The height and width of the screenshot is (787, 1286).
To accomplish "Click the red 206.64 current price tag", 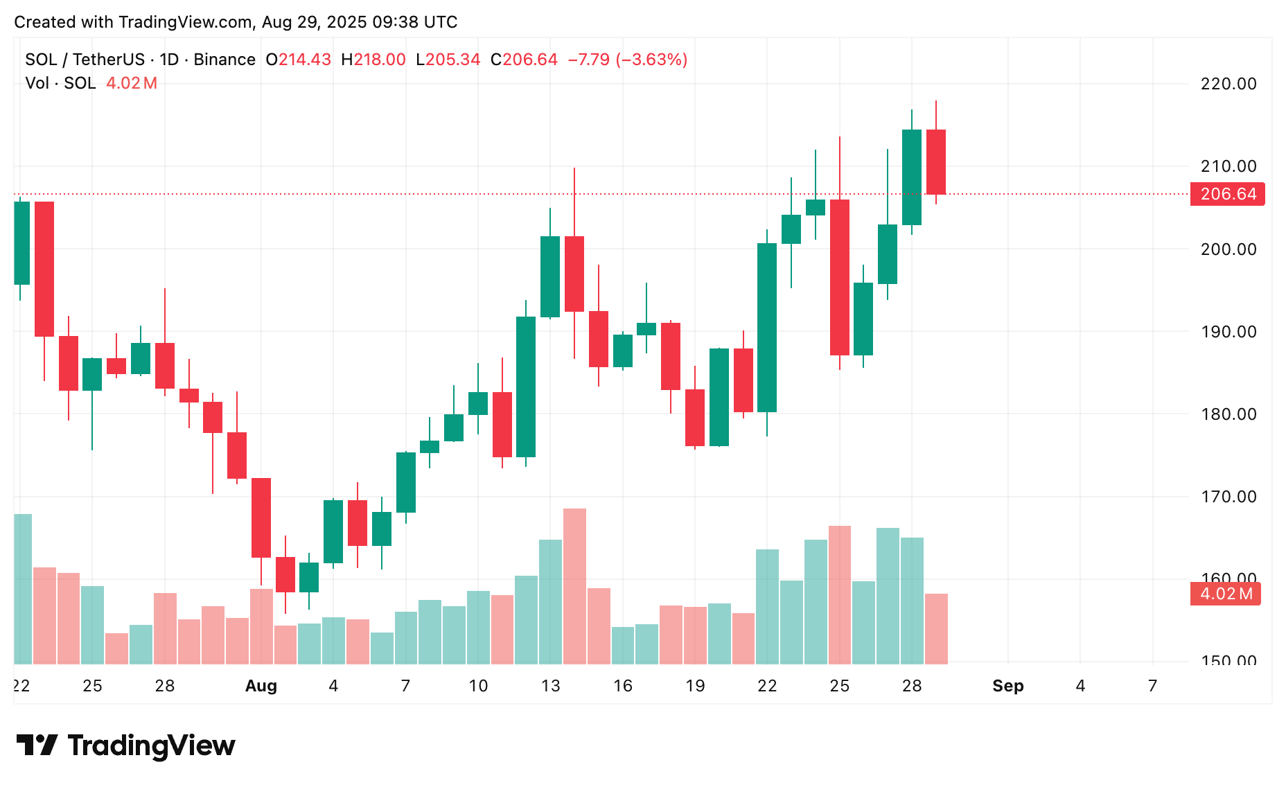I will pos(1227,194).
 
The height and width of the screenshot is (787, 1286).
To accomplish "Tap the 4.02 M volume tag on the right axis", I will pos(1225,594).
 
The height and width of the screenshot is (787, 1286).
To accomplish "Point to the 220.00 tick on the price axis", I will pos(1228,84).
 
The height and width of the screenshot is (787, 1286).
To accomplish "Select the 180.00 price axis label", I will pos(1228,414).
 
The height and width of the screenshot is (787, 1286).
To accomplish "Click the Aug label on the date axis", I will pos(261,686).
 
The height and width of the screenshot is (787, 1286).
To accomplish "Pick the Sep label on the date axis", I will pos(1007,686).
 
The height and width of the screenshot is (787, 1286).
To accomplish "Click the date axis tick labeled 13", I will pos(550,686).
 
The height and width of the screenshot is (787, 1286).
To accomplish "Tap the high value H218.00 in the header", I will pos(373,60).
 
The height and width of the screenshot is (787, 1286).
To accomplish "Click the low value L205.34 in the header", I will pos(448,60).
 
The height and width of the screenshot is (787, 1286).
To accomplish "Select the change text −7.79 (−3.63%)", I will pos(628,60).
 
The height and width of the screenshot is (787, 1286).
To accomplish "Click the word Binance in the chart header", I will pos(224,60).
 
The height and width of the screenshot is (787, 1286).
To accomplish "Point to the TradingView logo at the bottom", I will pos(126,745).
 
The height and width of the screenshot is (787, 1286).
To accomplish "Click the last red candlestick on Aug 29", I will pos(936,161).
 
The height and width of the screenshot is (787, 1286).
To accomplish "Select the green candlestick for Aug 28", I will pos(912,177).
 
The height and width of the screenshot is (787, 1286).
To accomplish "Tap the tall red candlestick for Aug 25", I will pos(840,277).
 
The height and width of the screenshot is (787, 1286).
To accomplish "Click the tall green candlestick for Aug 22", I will pos(767,327).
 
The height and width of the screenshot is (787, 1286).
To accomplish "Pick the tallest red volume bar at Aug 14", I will pos(574,586).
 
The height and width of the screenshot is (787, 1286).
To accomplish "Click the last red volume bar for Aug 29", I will pos(936,628).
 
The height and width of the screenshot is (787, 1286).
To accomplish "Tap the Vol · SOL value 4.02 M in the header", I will pos(132,83).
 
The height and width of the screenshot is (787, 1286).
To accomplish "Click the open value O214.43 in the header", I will pos(299,60).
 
